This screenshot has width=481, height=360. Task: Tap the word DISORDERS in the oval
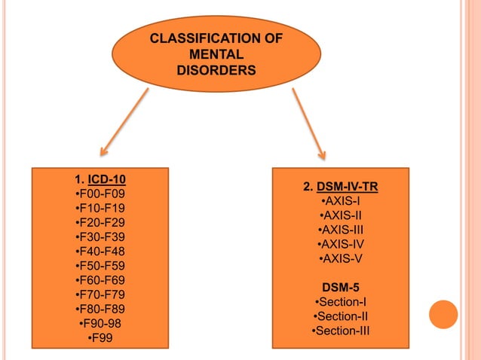pos(216,71)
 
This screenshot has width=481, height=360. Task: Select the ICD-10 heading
pos(107,180)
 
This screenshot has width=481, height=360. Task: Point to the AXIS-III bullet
pos(340,230)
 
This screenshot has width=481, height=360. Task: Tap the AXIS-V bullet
pos(340,258)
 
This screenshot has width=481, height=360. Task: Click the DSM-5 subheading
pos(340,288)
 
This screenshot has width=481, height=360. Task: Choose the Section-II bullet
pos(340,316)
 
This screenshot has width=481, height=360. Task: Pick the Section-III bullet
pos(340,331)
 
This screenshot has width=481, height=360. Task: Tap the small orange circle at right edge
pos(443,314)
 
